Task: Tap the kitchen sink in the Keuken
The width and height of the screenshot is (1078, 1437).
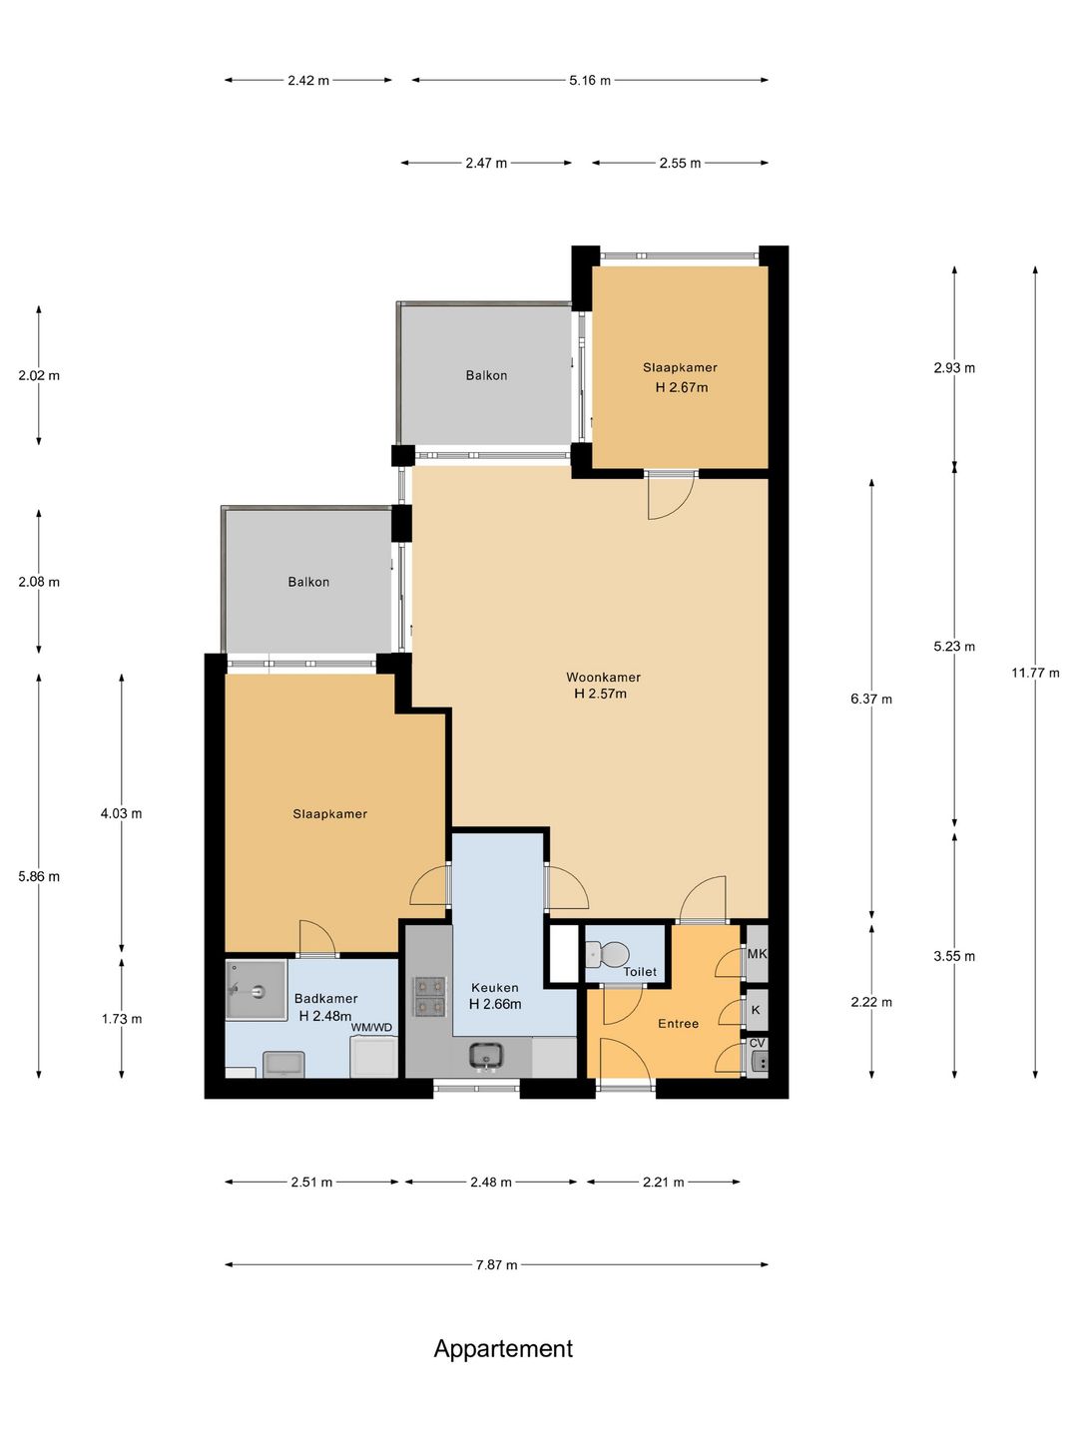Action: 485,1056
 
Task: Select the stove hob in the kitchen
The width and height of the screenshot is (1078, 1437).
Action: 429,996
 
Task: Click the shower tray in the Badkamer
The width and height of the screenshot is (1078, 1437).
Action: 256,990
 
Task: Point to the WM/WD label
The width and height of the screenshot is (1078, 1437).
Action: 371,1027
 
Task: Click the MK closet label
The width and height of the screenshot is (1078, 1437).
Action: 757,954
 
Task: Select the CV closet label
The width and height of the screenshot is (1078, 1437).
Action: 757,1043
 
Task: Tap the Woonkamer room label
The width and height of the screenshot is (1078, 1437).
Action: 603,677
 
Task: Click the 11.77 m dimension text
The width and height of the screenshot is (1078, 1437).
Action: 1035,673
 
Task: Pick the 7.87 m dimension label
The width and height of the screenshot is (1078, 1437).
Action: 497,1264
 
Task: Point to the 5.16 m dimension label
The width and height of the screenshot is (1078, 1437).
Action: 590,81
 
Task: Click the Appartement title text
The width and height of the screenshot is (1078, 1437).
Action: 503,1348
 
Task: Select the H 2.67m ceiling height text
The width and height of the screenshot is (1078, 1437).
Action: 682,387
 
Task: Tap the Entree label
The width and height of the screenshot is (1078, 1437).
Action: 678,1023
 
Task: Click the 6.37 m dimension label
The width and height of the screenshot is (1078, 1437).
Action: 871,699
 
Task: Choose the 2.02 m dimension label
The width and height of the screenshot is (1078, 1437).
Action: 39,376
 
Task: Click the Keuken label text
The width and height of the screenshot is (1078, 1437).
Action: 495,987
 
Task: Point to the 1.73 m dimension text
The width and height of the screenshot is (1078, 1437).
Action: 121,1019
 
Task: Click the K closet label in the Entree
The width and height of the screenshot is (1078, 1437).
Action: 756,1010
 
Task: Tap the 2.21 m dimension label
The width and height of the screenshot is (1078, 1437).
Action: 663,1182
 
